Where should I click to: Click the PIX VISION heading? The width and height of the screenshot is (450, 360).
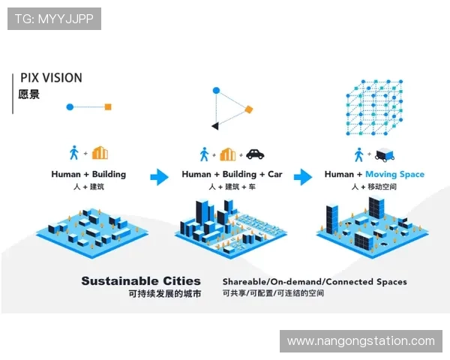tap(51, 78)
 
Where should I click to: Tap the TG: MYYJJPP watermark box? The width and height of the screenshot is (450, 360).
tap(54, 19)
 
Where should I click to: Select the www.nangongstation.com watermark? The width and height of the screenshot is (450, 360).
tap(361, 341)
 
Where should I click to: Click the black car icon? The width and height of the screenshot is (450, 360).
tap(255, 154)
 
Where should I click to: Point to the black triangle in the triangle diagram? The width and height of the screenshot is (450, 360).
tap(215, 126)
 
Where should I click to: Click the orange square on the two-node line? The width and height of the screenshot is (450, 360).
tap(108, 106)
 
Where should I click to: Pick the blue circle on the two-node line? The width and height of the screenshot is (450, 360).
tap(70, 106)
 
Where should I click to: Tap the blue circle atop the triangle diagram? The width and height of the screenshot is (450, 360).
tap(216, 91)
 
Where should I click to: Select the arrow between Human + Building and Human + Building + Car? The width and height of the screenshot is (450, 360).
tap(159, 177)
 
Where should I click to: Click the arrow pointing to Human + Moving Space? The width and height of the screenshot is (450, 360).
tap(303, 177)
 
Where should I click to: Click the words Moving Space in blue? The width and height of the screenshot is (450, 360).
tap(394, 174)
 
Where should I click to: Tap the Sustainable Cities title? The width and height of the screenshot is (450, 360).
tap(141, 280)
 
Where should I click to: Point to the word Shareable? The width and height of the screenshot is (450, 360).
tap(244, 282)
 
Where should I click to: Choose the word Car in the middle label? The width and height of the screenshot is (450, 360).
tap(275, 174)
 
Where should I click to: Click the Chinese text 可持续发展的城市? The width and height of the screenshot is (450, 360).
tap(165, 294)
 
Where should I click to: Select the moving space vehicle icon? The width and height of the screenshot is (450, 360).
tap(385, 155)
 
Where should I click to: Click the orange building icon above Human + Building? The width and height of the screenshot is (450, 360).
tap(100, 153)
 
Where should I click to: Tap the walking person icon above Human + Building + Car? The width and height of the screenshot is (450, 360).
tap(204, 154)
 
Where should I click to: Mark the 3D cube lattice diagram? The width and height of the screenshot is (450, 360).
tap(374, 108)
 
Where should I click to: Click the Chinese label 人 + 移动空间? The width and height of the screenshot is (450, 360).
tap(374, 187)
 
